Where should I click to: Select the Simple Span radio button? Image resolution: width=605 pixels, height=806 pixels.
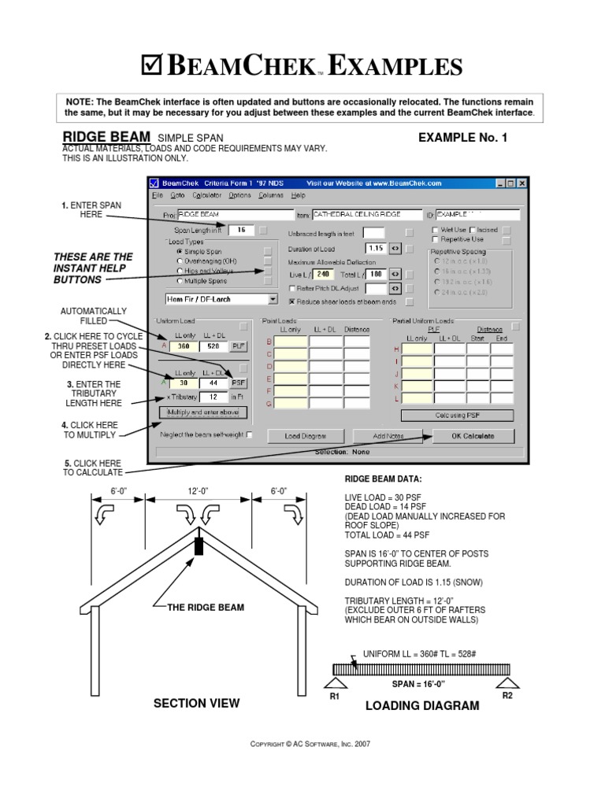[180, 251]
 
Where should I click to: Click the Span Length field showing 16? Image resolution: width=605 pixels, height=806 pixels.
[241, 230]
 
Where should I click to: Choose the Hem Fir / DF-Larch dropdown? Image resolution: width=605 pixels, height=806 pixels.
[221, 299]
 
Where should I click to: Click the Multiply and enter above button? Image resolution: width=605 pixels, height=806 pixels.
[203, 412]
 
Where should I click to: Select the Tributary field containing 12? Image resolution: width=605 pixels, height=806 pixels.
[213, 397]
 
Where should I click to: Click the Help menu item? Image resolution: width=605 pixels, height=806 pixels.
[298, 195]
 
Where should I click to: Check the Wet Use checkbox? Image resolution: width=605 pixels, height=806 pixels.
[435, 230]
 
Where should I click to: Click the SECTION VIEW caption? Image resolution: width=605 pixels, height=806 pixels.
[196, 703]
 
